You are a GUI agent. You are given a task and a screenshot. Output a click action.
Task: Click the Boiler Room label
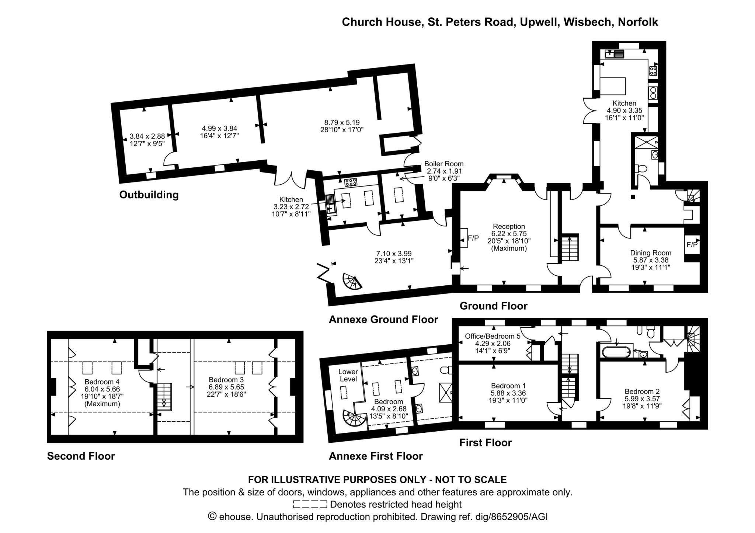(444, 164)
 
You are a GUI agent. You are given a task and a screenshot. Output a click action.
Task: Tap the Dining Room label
(651, 253)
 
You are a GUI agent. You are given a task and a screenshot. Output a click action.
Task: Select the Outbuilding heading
(149, 195)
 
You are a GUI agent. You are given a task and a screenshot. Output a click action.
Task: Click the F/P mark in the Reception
(473, 238)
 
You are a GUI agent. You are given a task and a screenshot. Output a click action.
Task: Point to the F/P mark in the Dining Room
(692, 245)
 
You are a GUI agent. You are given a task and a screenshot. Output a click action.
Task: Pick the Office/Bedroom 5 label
(493, 336)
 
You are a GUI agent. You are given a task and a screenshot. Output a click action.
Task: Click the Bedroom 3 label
(226, 380)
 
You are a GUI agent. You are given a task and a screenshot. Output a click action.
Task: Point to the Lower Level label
(348, 375)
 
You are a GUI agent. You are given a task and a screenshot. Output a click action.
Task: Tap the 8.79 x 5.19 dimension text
(342, 122)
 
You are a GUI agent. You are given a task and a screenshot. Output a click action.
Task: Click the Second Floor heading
(81, 456)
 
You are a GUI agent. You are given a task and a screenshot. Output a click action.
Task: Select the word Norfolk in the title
(638, 22)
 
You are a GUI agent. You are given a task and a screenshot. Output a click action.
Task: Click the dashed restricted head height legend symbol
(310, 504)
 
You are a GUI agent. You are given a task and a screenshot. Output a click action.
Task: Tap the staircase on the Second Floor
(165, 397)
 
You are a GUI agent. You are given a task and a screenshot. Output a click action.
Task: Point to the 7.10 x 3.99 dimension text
(394, 254)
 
